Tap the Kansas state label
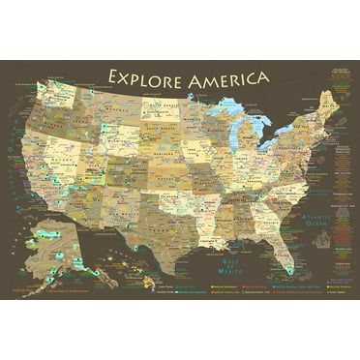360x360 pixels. tap(174, 174)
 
